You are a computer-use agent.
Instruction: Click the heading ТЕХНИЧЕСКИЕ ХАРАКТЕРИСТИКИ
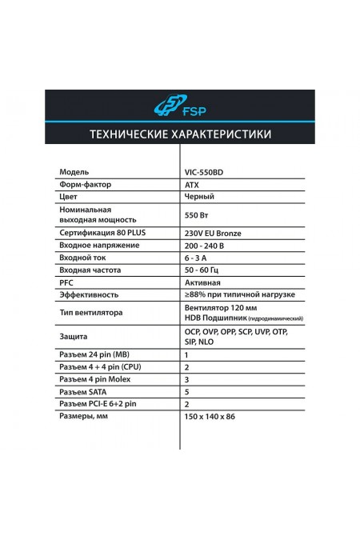179,133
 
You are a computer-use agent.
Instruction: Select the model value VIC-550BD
205,172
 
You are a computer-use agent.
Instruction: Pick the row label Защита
74,337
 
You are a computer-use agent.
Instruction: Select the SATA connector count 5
186,392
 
